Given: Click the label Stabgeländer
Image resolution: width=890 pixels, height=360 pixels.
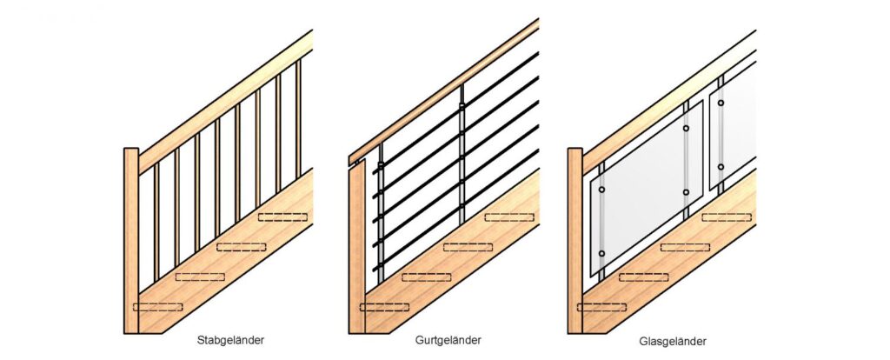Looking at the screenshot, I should pos(230,341).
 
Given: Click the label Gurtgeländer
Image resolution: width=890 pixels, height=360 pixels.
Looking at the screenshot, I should pos(448,340).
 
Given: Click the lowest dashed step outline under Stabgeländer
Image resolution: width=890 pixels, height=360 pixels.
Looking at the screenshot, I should pos(157,306).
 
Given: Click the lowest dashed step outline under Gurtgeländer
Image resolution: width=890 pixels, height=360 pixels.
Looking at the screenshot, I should pos(384,307).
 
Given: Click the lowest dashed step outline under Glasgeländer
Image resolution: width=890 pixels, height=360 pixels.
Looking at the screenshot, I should pos(601,307).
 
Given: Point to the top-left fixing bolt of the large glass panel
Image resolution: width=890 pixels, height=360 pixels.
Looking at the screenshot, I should pos(601,189).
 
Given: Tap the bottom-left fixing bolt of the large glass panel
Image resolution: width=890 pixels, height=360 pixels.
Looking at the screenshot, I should pos(601,253).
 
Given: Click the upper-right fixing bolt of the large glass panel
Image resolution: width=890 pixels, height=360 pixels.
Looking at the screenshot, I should pos(686,129).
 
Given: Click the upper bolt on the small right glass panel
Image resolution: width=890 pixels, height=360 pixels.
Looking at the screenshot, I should pos(721,103).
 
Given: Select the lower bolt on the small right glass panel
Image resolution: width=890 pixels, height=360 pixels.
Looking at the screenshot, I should pos(721,166).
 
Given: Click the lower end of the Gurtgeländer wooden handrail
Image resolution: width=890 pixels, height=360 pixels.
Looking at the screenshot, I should pos(354,159).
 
